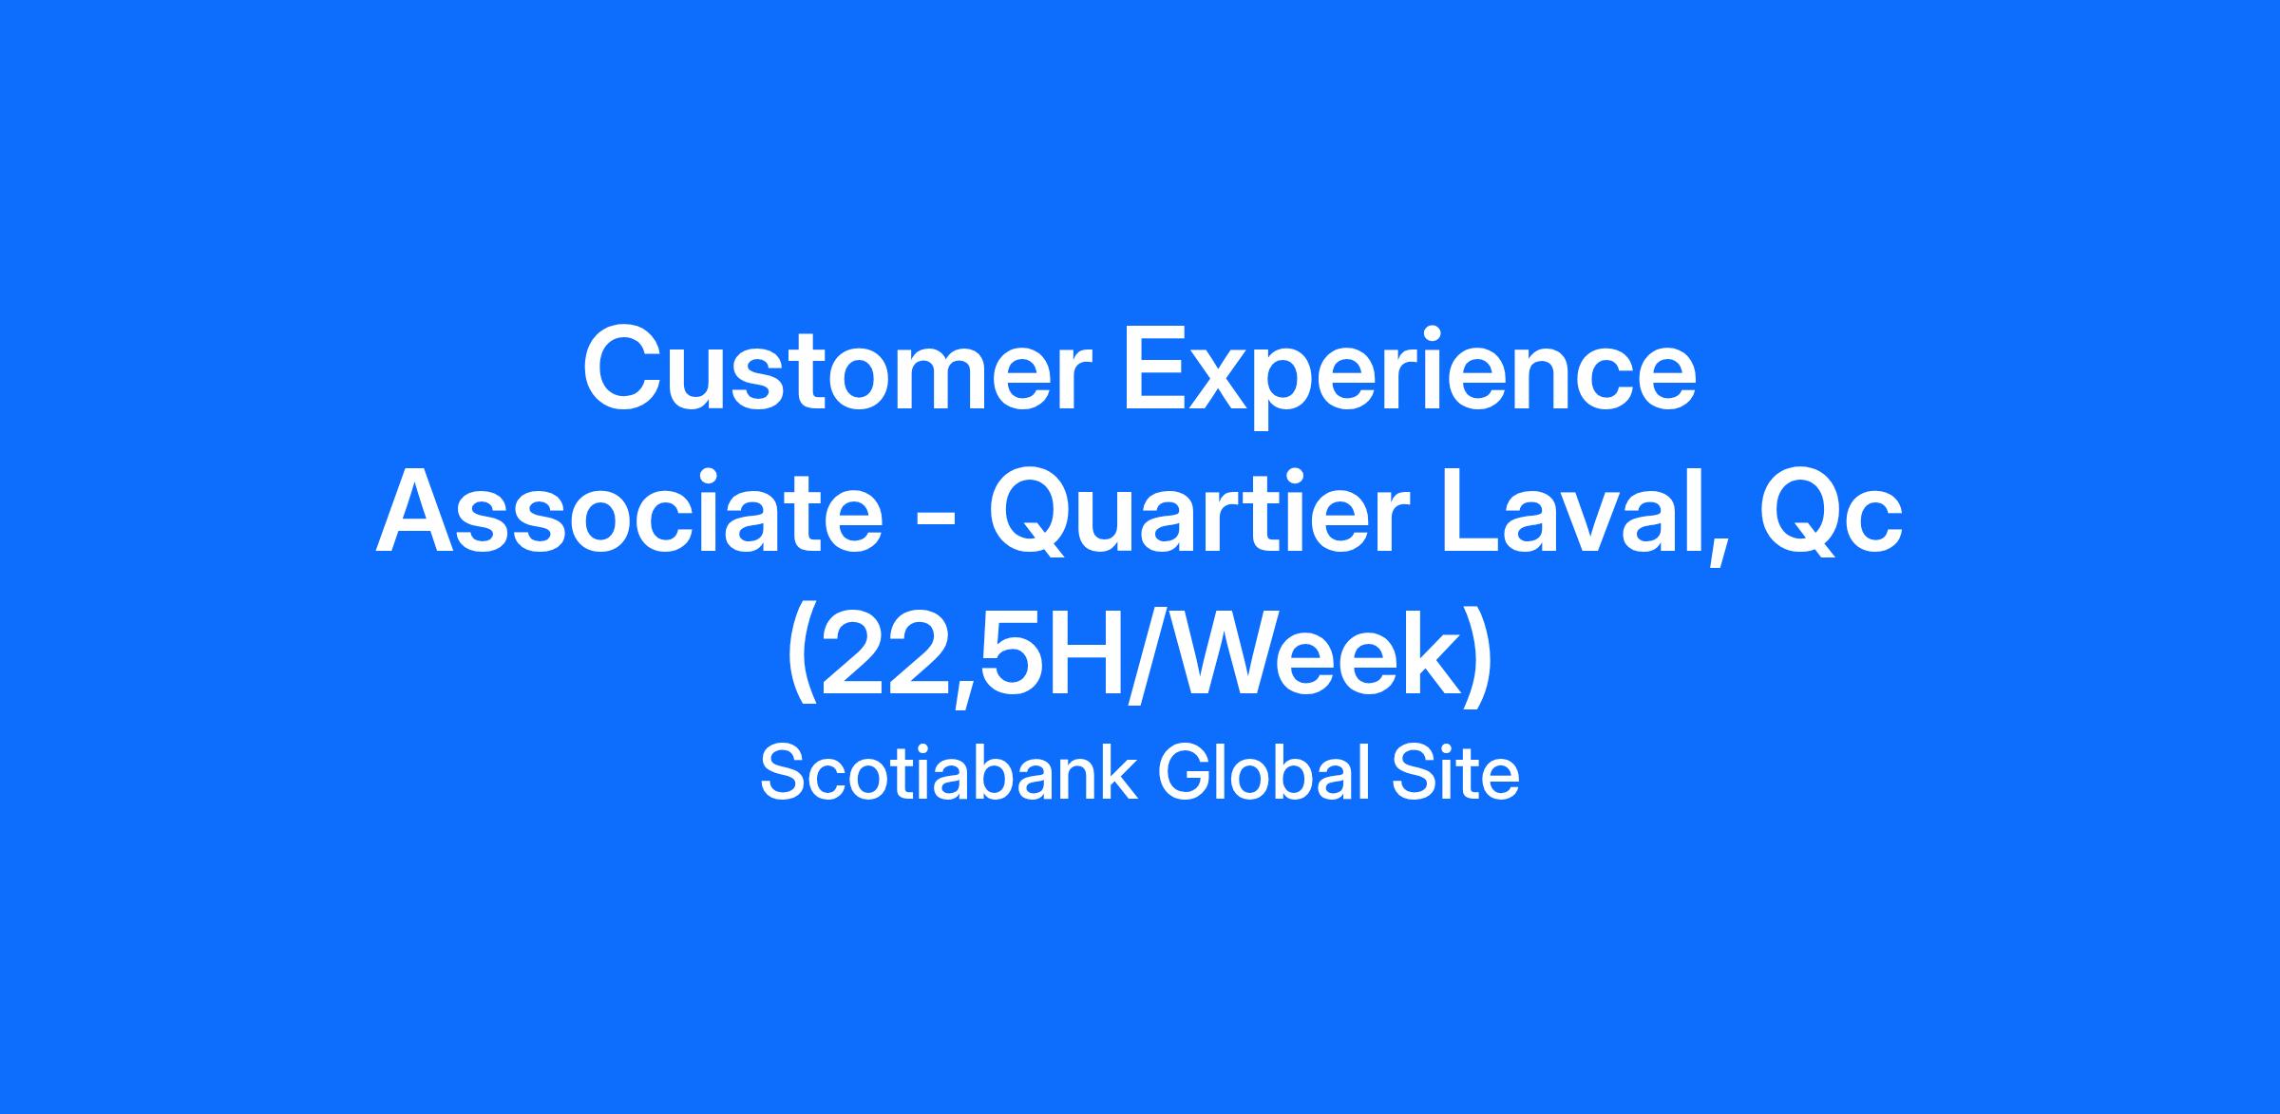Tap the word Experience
(x=1411, y=377)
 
